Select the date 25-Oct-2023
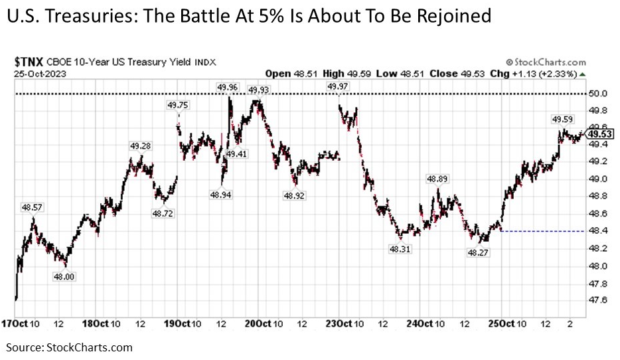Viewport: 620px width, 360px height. [39, 72]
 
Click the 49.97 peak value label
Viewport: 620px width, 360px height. [339, 86]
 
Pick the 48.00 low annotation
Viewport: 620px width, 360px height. [64, 275]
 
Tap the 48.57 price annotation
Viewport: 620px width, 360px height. [31, 207]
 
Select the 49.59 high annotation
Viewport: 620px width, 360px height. [563, 119]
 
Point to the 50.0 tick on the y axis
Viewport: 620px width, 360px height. [600, 94]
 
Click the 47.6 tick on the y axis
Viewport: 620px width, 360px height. [600, 300]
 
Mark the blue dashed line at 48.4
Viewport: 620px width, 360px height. [544, 231]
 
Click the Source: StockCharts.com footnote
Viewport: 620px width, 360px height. [70, 347]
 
